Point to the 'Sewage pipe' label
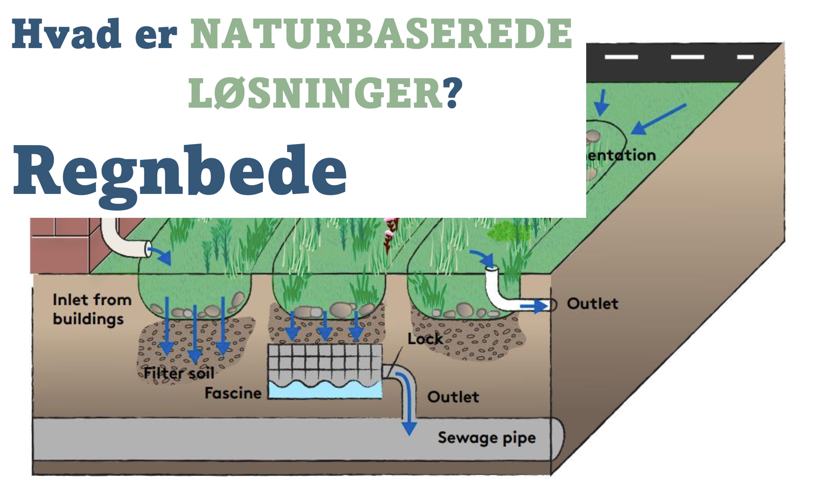click(x=486, y=437)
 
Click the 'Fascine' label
click(x=233, y=393)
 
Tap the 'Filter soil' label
click(x=179, y=373)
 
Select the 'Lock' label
click(x=424, y=339)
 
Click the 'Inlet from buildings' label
click(x=92, y=309)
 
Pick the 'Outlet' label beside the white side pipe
click(x=592, y=304)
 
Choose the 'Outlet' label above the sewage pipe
click(x=453, y=397)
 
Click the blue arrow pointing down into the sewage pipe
click(x=409, y=424)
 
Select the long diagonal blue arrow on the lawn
click(x=658, y=119)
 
